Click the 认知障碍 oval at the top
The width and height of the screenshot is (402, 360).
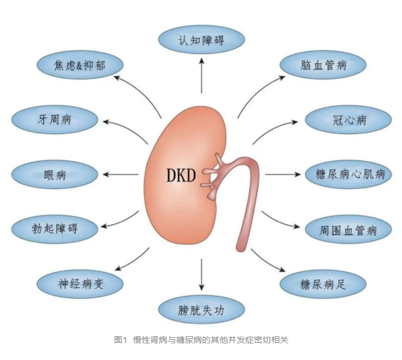click(x=202, y=40)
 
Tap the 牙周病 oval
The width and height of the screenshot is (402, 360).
click(x=54, y=119)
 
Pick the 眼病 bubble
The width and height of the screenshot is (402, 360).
click(x=54, y=175)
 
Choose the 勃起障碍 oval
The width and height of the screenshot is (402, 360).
click(x=54, y=228)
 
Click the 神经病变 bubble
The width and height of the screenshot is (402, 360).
click(x=80, y=283)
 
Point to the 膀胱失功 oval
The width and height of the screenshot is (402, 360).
click(x=202, y=310)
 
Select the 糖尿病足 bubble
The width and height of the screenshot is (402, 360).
click(x=322, y=284)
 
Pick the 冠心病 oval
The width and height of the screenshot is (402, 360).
click(x=348, y=121)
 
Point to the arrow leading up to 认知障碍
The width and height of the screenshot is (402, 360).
click(x=202, y=77)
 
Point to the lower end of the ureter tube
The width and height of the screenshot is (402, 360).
click(x=242, y=244)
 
